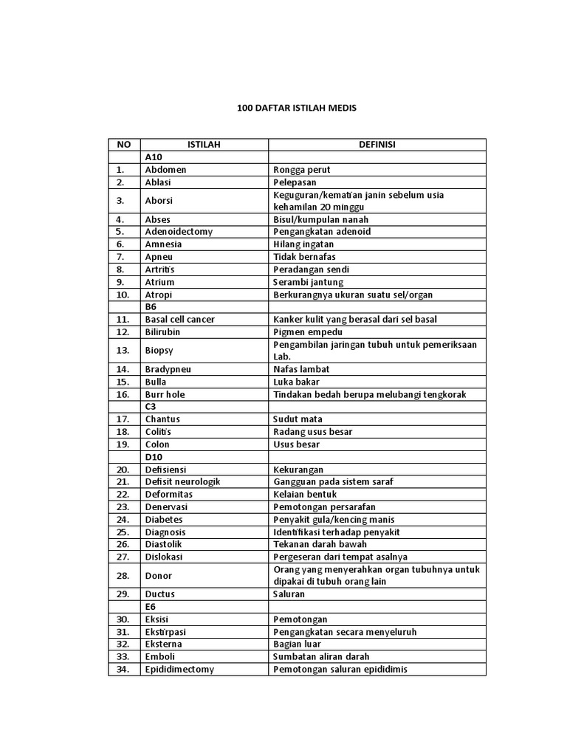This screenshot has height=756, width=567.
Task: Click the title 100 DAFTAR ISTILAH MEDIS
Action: [x=296, y=109]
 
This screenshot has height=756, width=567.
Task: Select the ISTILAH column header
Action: [x=204, y=145]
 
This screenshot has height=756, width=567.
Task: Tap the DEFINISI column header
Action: [x=377, y=145]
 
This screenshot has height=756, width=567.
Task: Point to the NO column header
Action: [x=123, y=145]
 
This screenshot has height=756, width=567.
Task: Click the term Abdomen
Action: [x=165, y=170]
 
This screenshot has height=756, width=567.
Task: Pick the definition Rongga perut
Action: [x=302, y=170]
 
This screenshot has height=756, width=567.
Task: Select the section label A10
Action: [x=154, y=157]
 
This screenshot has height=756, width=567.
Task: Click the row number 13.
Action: [x=123, y=350]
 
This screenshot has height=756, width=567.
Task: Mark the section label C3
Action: [x=151, y=407]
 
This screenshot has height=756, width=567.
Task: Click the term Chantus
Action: [x=162, y=419]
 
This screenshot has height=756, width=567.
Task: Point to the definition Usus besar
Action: [x=295, y=444]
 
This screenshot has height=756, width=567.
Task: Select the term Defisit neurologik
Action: [x=182, y=481]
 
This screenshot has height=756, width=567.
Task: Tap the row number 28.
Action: [x=123, y=575]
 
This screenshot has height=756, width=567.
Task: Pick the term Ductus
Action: [x=160, y=594]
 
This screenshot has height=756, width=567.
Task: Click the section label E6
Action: [x=151, y=606]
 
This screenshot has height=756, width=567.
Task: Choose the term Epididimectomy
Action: [x=179, y=669]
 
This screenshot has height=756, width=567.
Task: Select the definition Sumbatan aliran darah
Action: [x=321, y=656]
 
